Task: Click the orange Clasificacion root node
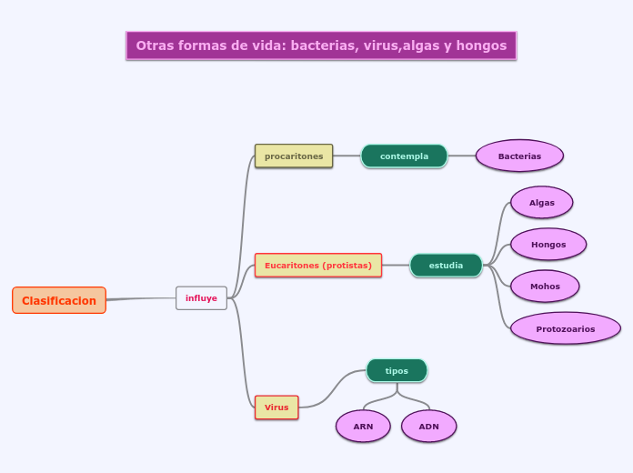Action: click(59, 300)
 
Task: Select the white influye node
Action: click(201, 298)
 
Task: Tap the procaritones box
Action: click(294, 156)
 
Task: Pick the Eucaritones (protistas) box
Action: click(318, 266)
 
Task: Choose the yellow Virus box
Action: click(276, 408)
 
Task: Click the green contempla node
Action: click(404, 156)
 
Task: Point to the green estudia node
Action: click(446, 266)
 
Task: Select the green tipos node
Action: click(397, 371)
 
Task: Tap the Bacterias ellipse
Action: click(519, 156)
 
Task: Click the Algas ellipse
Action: click(542, 203)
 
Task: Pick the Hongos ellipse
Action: click(548, 245)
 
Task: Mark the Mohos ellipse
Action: click(545, 287)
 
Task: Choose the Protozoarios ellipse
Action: click(566, 328)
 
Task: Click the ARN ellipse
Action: click(363, 426)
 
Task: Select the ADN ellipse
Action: click(428, 426)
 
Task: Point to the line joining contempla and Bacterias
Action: click(462, 156)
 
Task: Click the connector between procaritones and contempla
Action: click(347, 156)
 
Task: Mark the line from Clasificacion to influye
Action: click(141, 298)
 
